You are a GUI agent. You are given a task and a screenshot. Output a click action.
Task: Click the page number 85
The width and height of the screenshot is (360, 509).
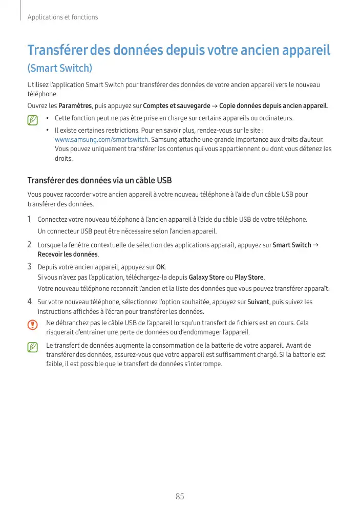click(x=180, y=496)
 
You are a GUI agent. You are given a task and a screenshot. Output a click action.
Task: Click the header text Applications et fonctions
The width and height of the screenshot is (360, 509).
click(x=62, y=17)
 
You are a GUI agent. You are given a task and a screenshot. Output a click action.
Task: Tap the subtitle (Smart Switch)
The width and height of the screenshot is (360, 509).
click(x=60, y=68)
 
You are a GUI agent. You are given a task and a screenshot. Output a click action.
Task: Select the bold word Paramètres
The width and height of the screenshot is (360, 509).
click(x=75, y=106)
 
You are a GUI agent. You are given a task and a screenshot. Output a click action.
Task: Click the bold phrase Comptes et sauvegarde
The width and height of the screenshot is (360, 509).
click(x=177, y=106)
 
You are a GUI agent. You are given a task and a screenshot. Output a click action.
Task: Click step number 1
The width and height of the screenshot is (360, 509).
click(x=30, y=219)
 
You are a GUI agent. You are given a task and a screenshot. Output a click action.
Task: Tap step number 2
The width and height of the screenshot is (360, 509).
click(x=30, y=244)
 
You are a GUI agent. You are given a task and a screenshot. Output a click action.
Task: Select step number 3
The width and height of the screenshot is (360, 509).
click(x=30, y=266)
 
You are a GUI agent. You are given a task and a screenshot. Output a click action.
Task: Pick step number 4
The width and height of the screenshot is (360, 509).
click(x=30, y=302)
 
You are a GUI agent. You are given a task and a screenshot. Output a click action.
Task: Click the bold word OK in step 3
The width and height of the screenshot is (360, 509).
click(x=161, y=267)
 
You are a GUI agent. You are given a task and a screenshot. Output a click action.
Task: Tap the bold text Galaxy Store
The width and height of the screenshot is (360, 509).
click(x=207, y=278)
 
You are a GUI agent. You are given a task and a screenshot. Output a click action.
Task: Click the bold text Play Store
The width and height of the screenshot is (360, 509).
click(x=249, y=278)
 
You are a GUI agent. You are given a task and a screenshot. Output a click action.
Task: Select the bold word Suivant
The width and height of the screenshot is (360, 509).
click(x=258, y=302)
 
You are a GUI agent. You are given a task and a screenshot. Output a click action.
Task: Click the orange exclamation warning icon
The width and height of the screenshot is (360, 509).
click(x=33, y=325)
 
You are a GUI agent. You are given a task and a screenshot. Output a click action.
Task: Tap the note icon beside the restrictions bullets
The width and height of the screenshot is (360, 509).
click(x=33, y=120)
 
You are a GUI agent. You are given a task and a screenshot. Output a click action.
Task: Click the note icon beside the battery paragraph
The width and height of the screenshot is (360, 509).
click(x=33, y=347)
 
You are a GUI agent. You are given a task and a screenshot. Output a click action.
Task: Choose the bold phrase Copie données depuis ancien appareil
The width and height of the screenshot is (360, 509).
click(x=273, y=106)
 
